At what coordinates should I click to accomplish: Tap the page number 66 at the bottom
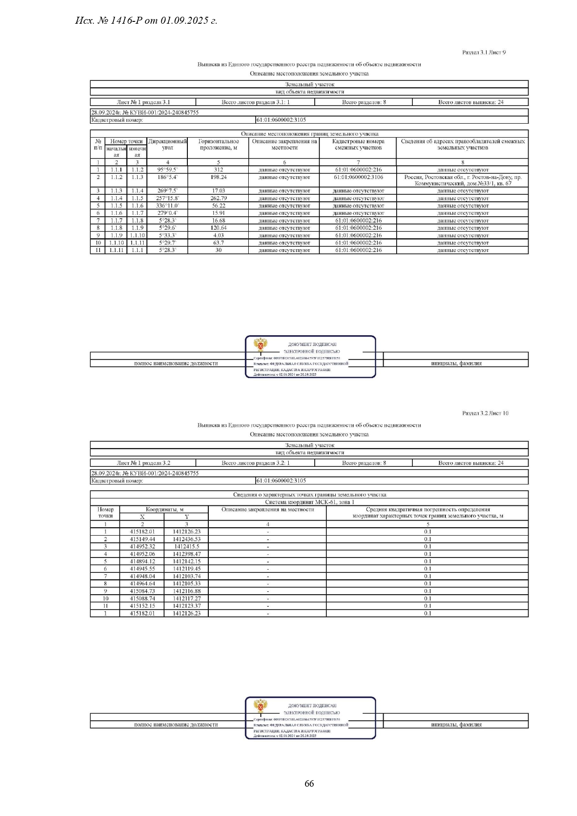[309, 783]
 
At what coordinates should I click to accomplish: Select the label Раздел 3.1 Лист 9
[484, 53]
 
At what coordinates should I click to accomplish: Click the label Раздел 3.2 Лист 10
[485, 413]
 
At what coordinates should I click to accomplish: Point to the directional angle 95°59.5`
[167, 170]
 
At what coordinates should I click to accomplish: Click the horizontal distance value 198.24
[219, 177]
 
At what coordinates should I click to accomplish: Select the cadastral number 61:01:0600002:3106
[358, 177]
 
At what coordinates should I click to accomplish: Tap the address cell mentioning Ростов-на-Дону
[463, 180]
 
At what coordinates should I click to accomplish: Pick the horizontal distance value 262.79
[219, 198]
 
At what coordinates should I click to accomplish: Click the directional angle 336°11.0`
[167, 206]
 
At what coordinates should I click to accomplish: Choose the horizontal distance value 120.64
[219, 228]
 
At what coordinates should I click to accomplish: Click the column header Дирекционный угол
[167, 144]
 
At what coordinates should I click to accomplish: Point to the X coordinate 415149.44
[142, 539]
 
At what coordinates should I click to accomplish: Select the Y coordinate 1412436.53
[186, 539]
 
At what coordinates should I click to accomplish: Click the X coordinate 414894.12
[142, 561]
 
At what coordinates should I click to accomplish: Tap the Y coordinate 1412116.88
[186, 591]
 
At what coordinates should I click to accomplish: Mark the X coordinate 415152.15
[142, 606]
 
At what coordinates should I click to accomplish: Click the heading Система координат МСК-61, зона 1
[309, 502]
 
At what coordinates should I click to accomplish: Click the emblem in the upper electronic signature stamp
[260, 345]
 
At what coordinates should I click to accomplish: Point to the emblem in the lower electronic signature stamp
[260, 706]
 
